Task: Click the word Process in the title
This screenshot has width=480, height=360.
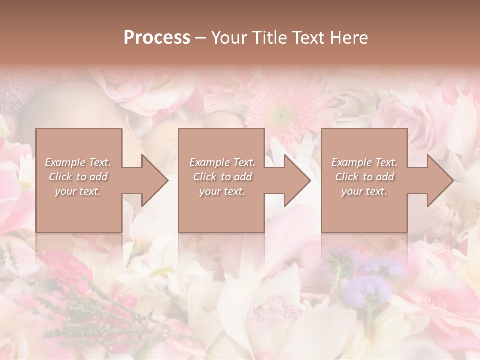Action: [157, 38]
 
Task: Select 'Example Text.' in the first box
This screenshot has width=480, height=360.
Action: [78, 162]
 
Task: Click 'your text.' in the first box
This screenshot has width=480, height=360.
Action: [78, 191]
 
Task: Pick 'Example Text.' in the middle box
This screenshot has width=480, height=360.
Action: [222, 162]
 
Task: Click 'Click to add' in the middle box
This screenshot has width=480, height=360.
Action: [222, 177]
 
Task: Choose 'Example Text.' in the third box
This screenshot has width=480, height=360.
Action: [364, 162]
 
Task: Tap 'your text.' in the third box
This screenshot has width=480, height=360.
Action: [364, 191]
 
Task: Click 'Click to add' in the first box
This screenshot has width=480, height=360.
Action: [78, 177]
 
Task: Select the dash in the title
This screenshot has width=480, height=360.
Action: [201, 38]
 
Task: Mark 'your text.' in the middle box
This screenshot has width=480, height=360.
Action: [222, 191]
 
